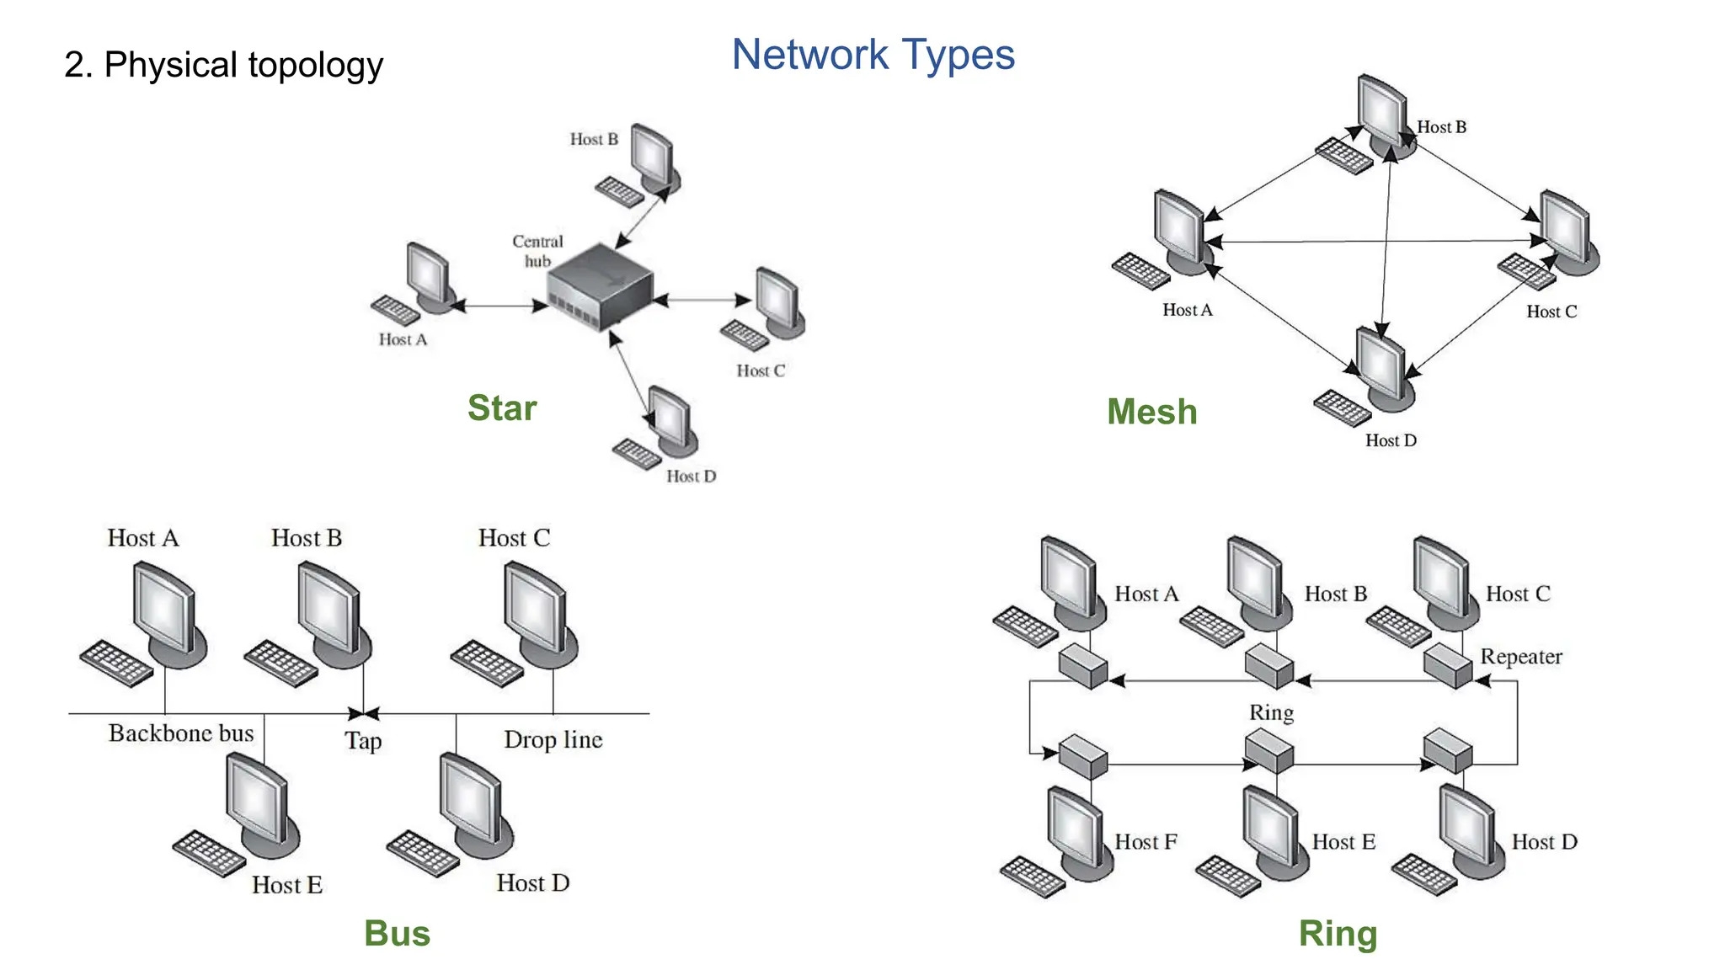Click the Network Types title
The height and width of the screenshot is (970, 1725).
pos(873,56)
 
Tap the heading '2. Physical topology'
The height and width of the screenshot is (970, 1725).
pos(223,65)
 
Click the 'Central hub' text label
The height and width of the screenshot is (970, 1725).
pos(537,251)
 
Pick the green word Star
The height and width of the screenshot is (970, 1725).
pos(502,408)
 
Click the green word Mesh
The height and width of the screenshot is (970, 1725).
pos(1151,412)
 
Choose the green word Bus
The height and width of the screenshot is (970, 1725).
pos(397,934)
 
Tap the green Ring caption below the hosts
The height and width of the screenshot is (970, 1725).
pos(1338,934)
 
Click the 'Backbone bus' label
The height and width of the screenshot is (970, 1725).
pos(181,733)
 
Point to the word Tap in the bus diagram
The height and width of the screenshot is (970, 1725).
pos(363,741)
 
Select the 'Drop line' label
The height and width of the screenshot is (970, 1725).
pos(553,739)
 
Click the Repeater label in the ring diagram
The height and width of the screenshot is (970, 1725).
pos(1520,657)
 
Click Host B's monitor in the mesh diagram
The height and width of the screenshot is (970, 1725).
pos(1381,109)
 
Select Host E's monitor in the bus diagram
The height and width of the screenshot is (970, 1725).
pos(256,797)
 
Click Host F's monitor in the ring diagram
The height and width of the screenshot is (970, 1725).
pos(1075,827)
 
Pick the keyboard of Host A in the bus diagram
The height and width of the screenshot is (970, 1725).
pos(116,663)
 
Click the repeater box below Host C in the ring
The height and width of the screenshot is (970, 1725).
pos(1447,664)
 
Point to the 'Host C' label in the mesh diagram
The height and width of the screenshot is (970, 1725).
pos(1551,312)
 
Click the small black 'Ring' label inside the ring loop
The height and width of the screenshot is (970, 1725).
pos(1271,713)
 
